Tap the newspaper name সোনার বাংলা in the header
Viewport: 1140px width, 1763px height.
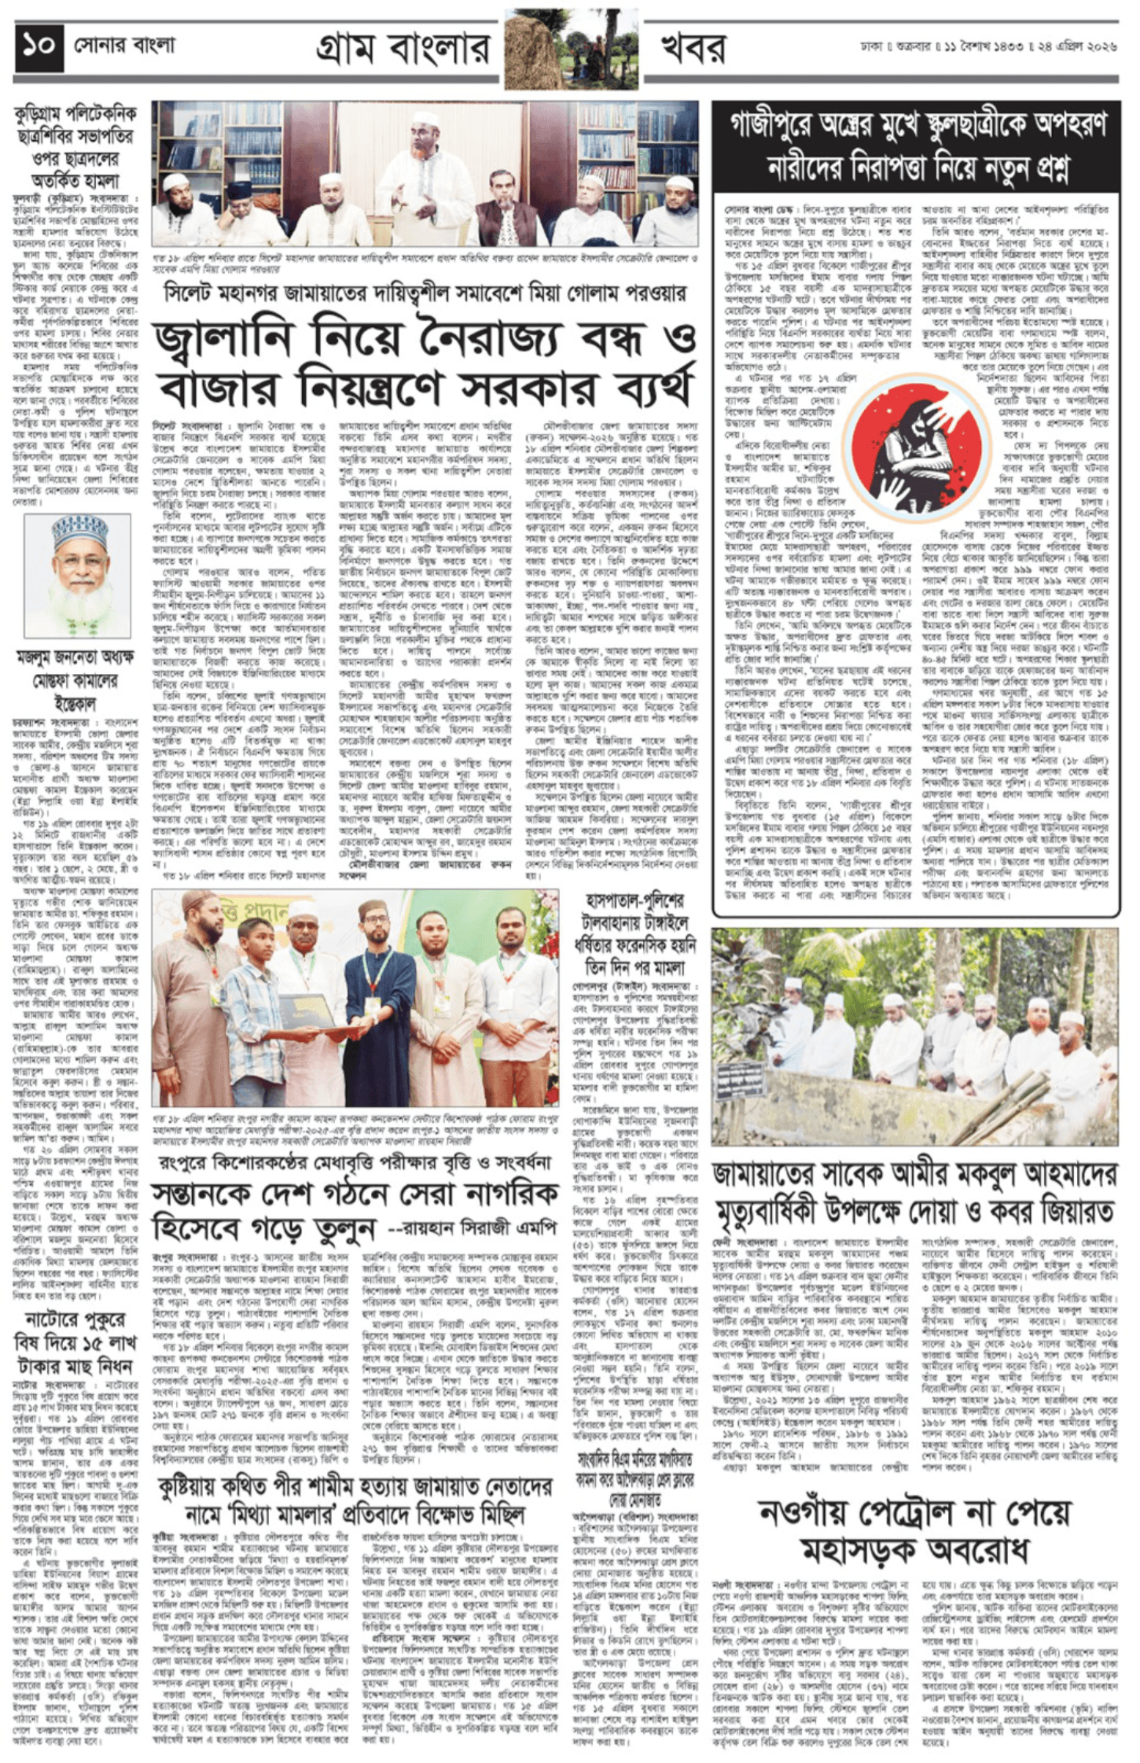point(125,46)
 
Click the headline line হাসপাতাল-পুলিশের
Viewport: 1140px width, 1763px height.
point(634,900)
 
